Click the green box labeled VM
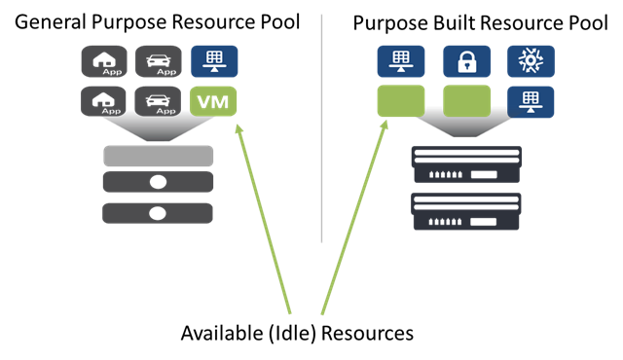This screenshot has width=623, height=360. point(213,101)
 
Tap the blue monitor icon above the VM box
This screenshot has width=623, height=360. point(213,61)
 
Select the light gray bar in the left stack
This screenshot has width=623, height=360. point(158,156)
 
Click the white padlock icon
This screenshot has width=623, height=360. point(466,61)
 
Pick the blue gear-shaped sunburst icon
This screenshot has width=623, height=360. point(531,60)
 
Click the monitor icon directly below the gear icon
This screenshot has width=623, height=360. point(531,101)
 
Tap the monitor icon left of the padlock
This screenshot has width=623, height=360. point(401,61)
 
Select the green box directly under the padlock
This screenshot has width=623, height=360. point(466,101)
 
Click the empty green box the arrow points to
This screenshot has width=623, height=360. point(401,101)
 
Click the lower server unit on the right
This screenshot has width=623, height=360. point(467,210)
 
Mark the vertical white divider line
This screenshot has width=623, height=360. point(321,126)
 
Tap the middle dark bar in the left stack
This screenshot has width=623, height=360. point(158,182)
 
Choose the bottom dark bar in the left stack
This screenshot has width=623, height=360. point(158,213)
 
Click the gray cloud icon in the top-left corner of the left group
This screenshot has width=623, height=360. point(103,61)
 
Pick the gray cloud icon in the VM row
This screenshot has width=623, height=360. point(103,100)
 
